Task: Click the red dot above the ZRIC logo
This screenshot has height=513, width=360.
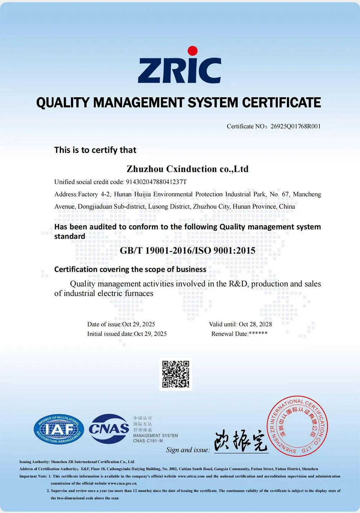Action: (x=193, y=51)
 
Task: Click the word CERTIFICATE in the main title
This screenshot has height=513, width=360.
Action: (x=281, y=103)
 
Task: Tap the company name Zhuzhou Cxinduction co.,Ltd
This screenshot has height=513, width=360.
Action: (x=188, y=169)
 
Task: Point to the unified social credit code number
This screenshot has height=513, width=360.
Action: (x=156, y=182)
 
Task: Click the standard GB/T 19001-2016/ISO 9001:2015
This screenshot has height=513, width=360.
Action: (x=188, y=251)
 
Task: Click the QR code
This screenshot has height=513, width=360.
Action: (x=176, y=374)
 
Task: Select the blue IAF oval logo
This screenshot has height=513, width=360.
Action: (x=59, y=429)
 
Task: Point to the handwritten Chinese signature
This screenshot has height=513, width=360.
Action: (x=241, y=441)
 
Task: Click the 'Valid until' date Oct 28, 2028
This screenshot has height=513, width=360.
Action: (x=255, y=324)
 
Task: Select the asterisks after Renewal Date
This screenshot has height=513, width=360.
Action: (x=258, y=334)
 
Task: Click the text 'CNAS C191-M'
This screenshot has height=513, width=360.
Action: (x=148, y=441)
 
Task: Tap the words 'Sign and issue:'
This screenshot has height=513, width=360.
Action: (x=188, y=450)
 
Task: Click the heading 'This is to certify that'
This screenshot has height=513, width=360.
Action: (x=95, y=150)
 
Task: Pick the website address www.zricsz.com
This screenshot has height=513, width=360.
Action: (x=191, y=476)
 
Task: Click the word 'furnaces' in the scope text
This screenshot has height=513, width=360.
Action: (x=139, y=293)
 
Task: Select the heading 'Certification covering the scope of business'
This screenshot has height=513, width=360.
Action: (x=130, y=269)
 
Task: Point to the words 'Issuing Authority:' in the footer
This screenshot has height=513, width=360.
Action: (x=35, y=462)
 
